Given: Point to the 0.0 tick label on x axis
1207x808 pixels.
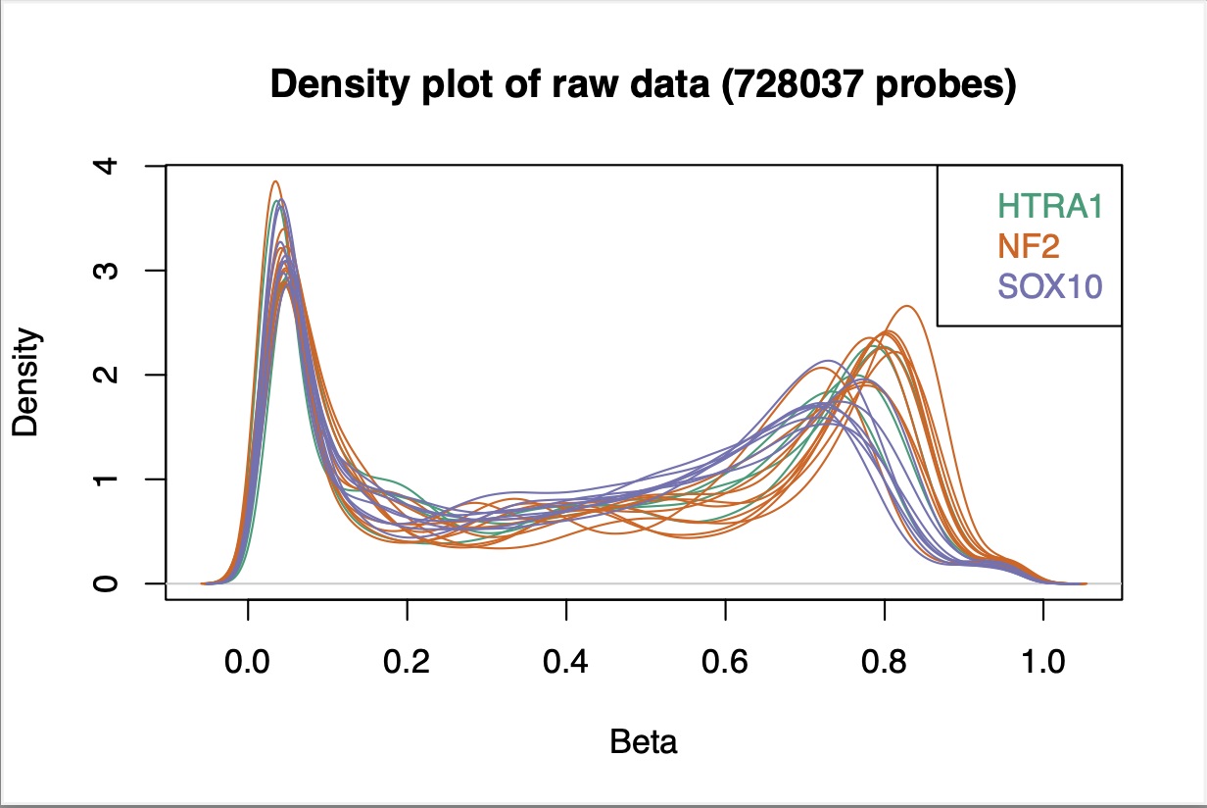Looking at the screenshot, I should tap(248, 663).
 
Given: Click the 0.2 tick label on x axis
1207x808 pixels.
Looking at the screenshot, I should tap(407, 663).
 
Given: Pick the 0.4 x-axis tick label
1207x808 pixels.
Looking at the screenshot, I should tap(566, 663).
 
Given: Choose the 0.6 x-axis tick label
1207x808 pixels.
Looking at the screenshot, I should tap(725, 663).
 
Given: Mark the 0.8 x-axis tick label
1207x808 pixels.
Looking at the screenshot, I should tap(884, 663).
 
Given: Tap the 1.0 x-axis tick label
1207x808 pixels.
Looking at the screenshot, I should tap(1042, 663).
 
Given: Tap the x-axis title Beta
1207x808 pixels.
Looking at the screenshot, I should tap(644, 742).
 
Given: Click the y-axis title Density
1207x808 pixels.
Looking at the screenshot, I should tap(26, 381).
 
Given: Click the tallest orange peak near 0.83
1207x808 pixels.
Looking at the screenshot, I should tap(907, 307).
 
